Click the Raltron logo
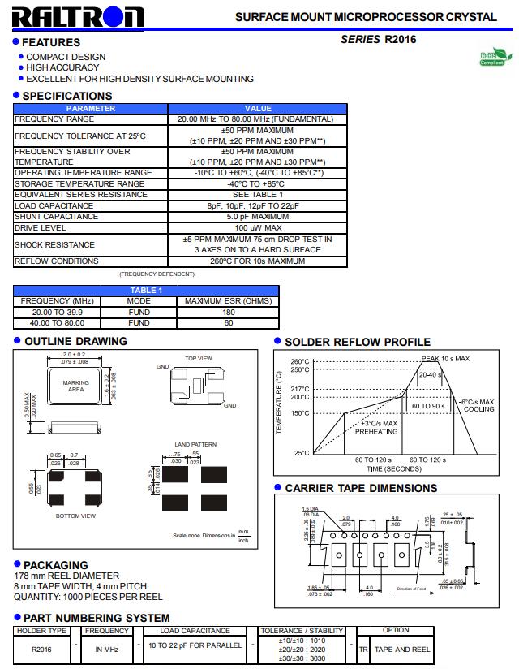tap(79, 17)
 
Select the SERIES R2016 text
tap(379, 39)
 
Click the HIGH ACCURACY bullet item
tap(62, 68)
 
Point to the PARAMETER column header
tap(91, 109)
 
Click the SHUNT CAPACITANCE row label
tap(56, 217)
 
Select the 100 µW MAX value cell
tap(258, 228)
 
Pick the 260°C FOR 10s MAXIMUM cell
tap(258, 261)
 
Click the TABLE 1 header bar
tap(146, 291)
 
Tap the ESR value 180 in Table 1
tap(229, 312)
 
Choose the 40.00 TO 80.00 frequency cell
tap(58, 322)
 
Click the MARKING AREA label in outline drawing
tap(76, 386)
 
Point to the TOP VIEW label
tap(198, 358)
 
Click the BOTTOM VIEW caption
tap(75, 516)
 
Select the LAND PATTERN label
tap(195, 445)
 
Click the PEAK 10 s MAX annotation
tap(445, 358)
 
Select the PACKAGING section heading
tap(55, 565)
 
